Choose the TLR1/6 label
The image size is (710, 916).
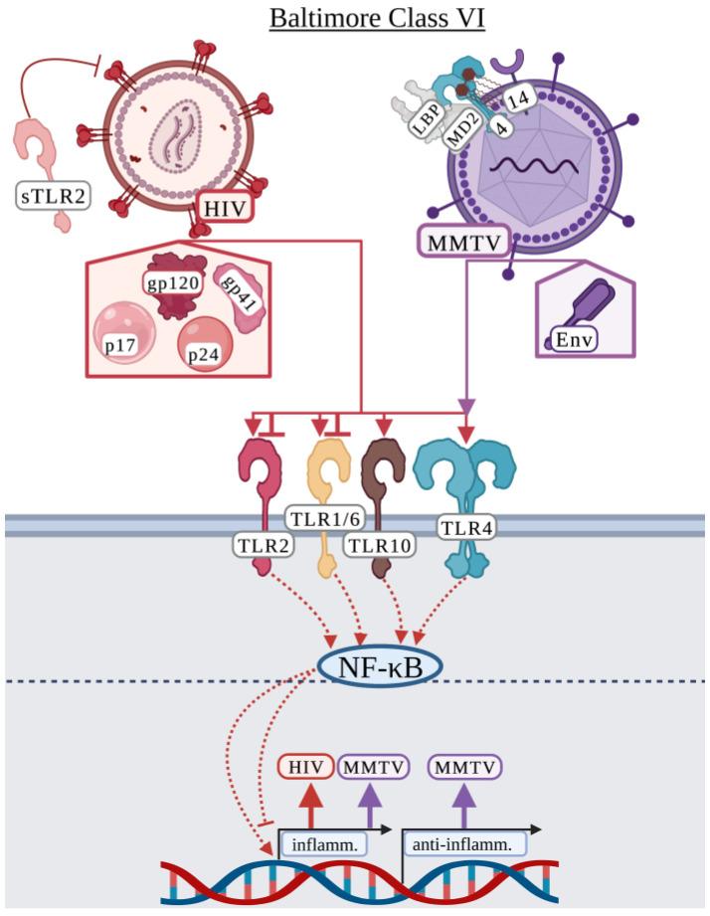click(x=321, y=517)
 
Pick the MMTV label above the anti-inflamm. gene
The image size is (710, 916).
click(x=464, y=767)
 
